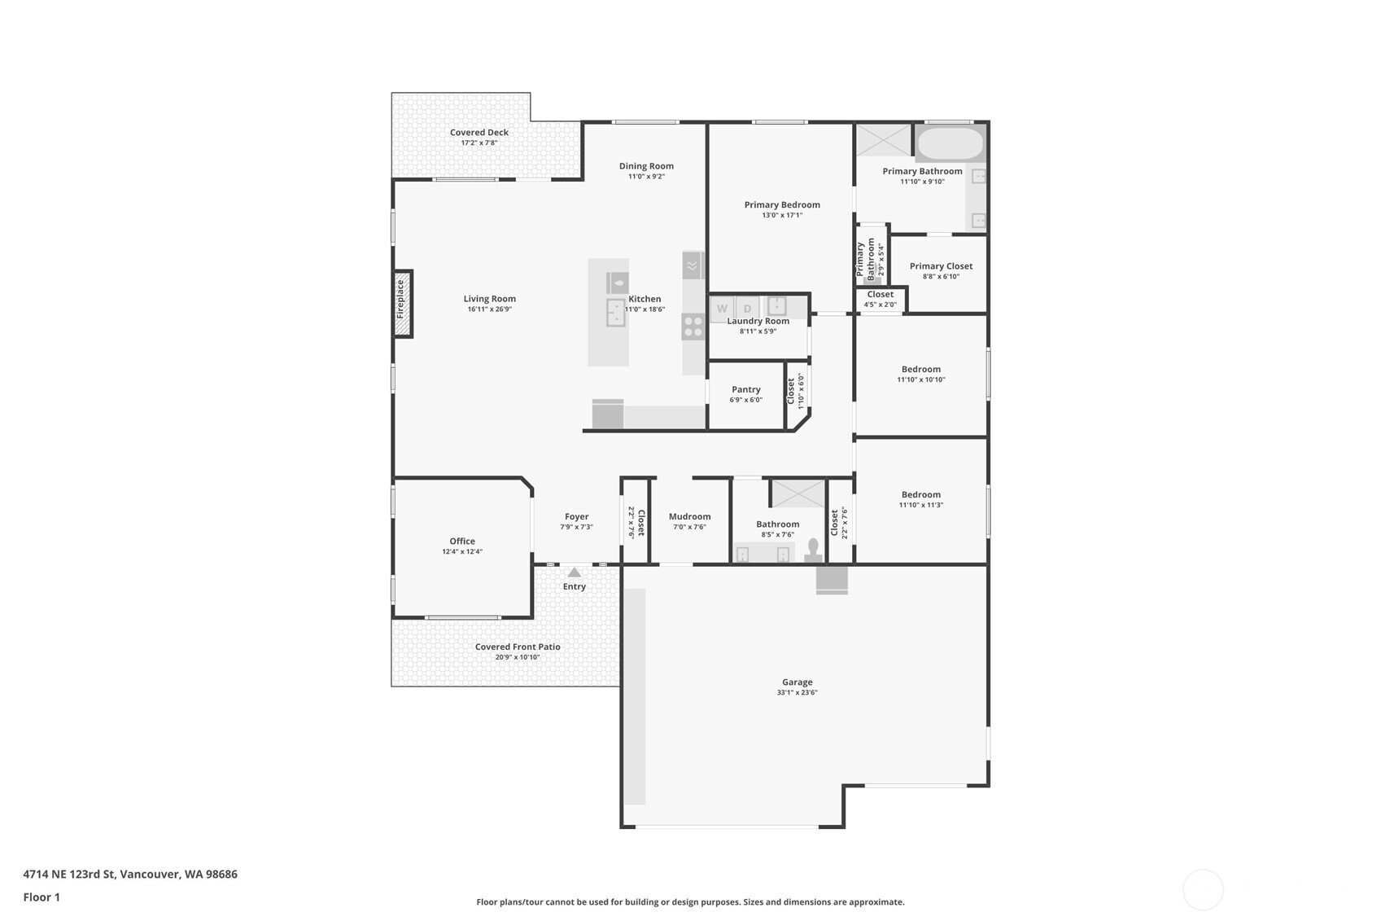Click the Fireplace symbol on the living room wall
(x=403, y=304)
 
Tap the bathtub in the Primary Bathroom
(x=950, y=143)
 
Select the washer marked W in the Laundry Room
(x=721, y=309)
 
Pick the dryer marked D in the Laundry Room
(x=747, y=309)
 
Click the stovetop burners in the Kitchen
(x=693, y=327)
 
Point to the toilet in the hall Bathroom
(x=813, y=550)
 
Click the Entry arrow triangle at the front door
(x=574, y=572)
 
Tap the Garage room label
(x=798, y=682)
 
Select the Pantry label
(x=746, y=389)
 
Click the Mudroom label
(x=690, y=516)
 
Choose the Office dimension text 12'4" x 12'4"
(x=462, y=551)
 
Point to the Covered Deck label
(x=479, y=132)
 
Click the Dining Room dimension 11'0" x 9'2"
(x=646, y=177)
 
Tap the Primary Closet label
(x=941, y=265)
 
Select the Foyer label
(x=576, y=516)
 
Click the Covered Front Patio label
(x=518, y=647)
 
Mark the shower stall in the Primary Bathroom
(x=884, y=140)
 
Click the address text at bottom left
(x=130, y=874)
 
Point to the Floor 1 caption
(x=42, y=897)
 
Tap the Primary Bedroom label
(x=782, y=205)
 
